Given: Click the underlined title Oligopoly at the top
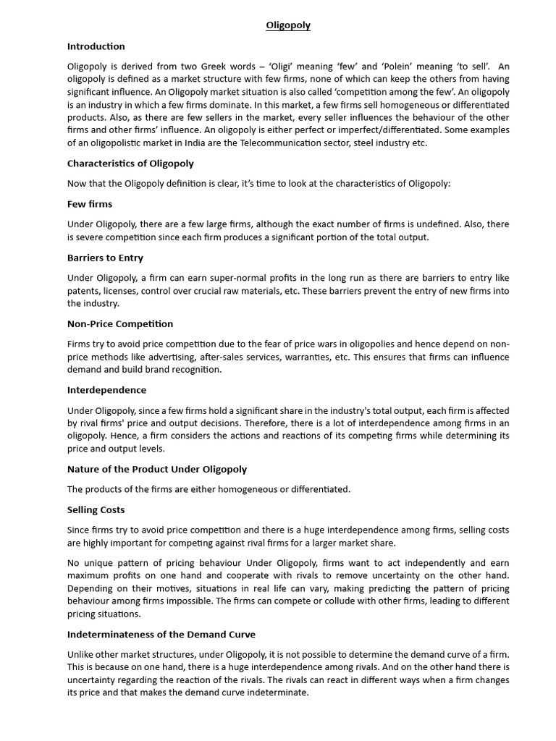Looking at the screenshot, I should pos(287,25).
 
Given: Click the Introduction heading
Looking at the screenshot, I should pos(96,46).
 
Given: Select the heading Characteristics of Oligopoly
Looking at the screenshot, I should pos(130,164).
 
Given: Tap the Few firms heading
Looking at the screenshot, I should pos(90,204).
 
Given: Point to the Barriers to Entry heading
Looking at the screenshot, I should pos(105,258).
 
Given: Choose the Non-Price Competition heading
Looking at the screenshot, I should pos(120,323).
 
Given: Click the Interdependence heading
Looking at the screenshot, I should pos(106,390).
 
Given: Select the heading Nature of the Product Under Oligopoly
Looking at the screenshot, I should pos(157,469).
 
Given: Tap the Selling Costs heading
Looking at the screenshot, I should pos(96,510).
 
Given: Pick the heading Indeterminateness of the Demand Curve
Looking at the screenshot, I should pos(161,635).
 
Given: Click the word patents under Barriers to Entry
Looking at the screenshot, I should pos(83,291).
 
